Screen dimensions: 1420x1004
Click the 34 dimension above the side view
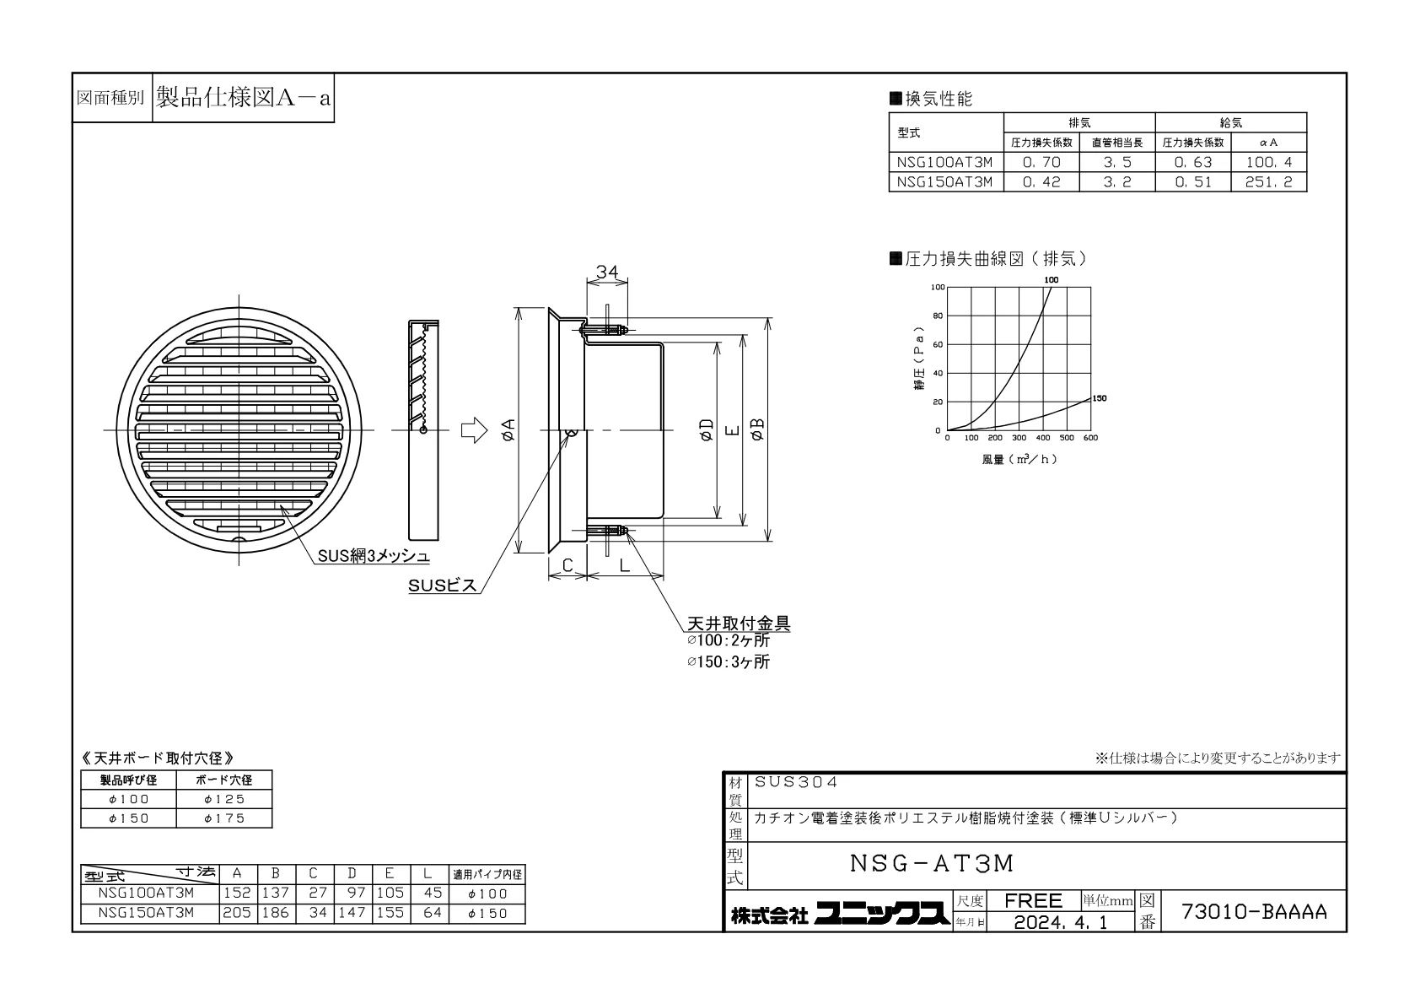(x=606, y=272)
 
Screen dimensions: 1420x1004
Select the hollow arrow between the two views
(x=474, y=430)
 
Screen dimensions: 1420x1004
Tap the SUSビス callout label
(x=442, y=586)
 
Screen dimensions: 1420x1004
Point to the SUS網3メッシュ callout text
(x=374, y=556)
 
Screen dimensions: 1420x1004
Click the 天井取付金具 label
(x=739, y=623)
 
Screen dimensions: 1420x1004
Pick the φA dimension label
(x=508, y=430)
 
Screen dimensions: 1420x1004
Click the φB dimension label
(x=757, y=429)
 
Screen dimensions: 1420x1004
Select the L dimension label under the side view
(x=625, y=565)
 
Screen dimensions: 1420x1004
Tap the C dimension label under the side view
(x=567, y=565)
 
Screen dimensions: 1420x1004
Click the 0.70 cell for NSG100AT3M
(x=1041, y=162)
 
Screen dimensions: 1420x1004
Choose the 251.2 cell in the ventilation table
(x=1268, y=182)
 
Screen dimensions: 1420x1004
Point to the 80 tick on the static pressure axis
(x=938, y=316)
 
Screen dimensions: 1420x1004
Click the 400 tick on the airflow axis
(x=1043, y=438)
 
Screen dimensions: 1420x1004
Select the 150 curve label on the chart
(x=1100, y=398)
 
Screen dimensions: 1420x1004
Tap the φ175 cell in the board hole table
(x=223, y=818)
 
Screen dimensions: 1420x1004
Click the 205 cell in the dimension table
(x=236, y=913)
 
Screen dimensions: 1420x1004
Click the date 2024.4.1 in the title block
(x=1060, y=921)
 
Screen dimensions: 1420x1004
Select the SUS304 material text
(x=795, y=782)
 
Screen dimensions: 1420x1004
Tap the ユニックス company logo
(x=882, y=914)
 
